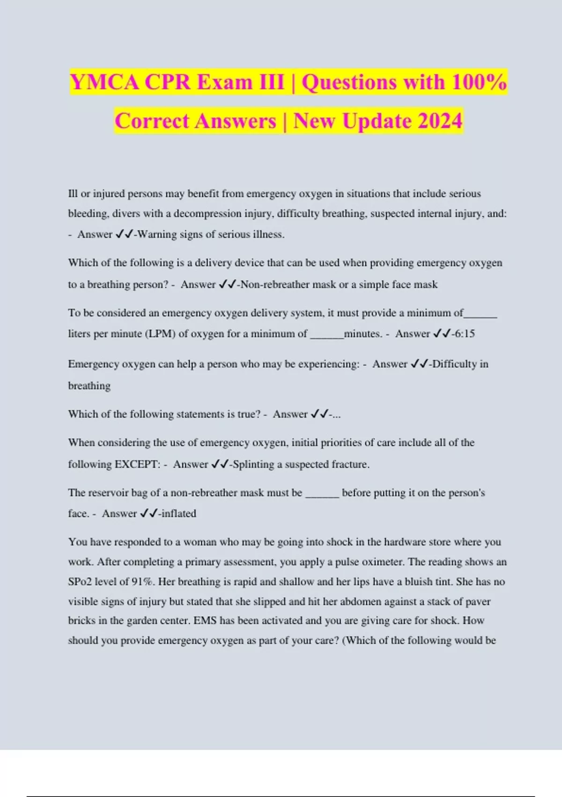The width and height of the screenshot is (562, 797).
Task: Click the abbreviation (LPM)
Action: [161, 334]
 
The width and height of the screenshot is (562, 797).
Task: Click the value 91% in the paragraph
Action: [142, 582]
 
